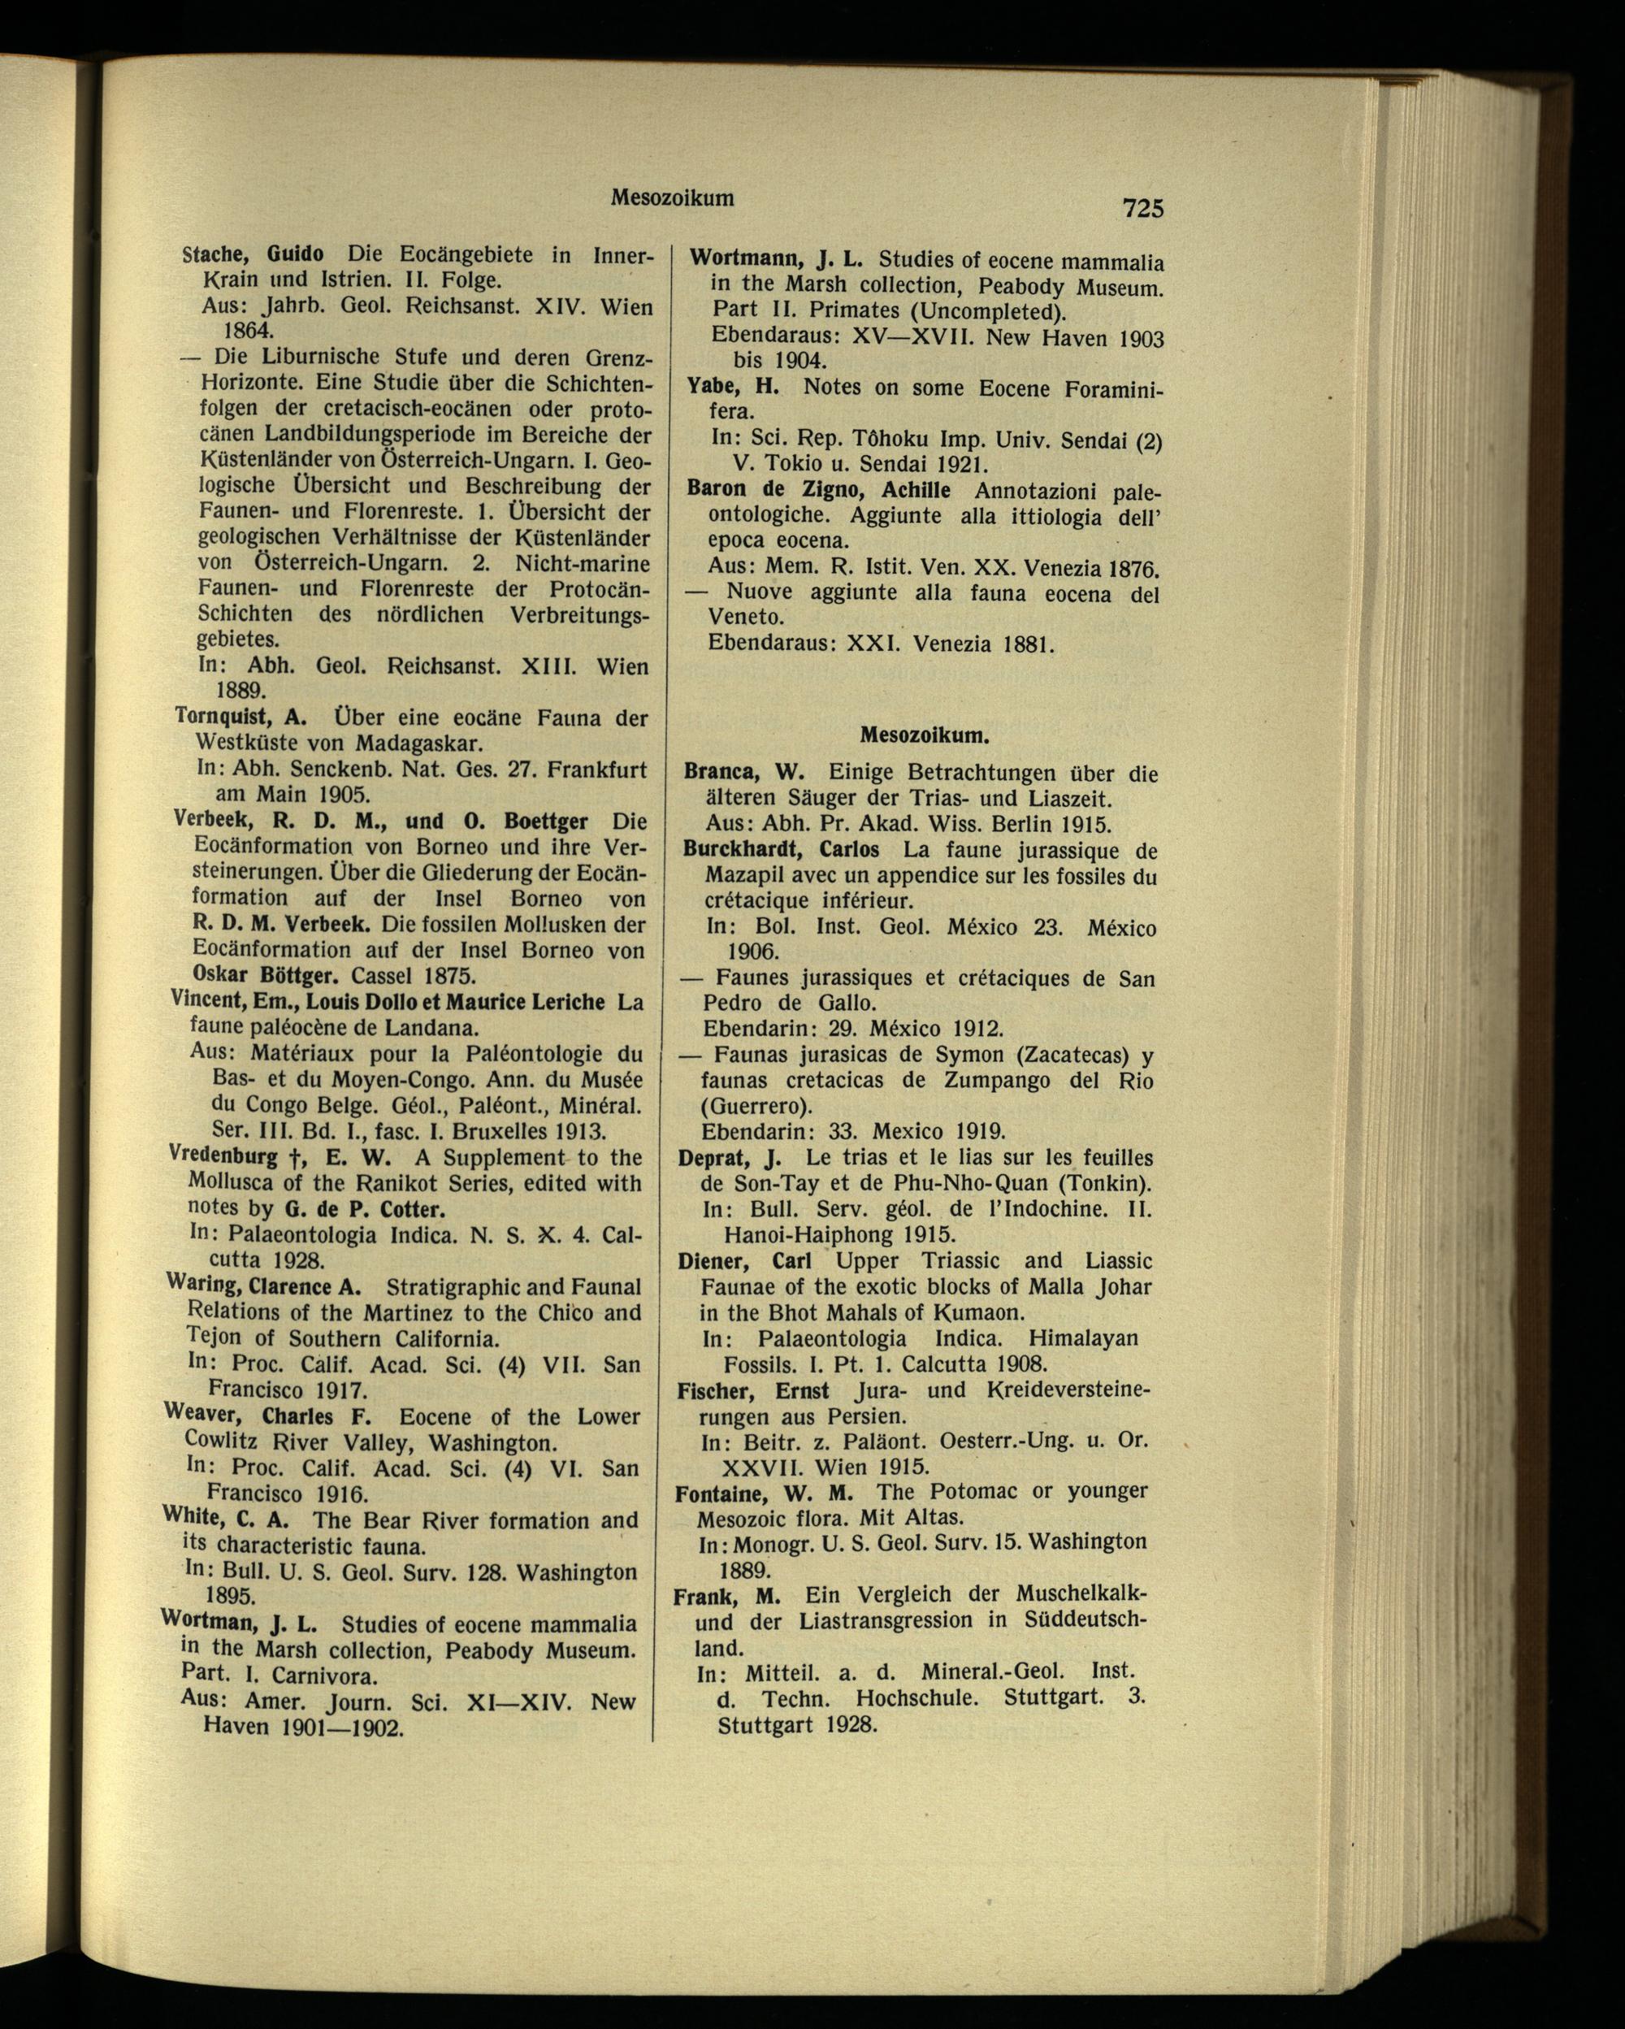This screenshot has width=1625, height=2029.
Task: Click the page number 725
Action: (x=1142, y=207)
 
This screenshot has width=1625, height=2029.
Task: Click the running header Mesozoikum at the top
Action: (x=672, y=197)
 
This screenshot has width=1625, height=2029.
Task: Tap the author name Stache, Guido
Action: (x=252, y=255)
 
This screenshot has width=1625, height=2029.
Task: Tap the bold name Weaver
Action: (x=201, y=1414)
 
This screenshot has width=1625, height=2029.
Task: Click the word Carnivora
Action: (x=325, y=1676)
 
